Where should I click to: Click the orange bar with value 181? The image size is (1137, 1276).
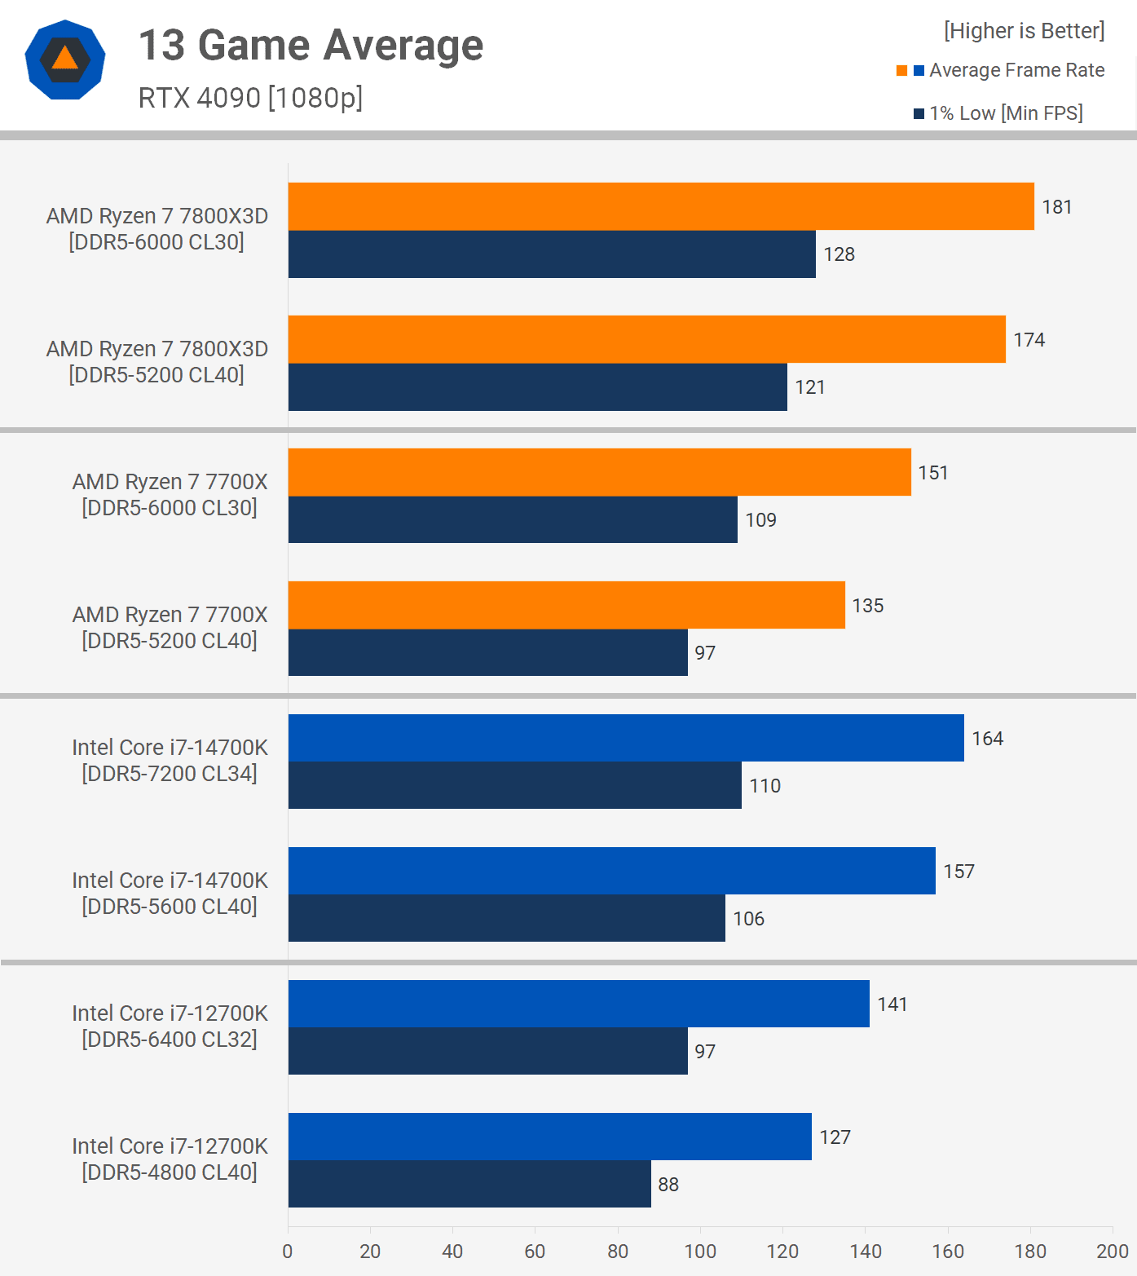pyautogui.click(x=661, y=206)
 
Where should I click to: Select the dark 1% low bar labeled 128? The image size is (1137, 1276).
pyautogui.click(x=552, y=254)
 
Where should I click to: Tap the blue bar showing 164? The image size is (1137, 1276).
pyautogui.click(x=626, y=738)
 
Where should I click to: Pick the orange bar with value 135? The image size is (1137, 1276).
pyautogui.click(x=566, y=605)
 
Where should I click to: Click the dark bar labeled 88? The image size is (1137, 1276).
pyautogui.click(x=469, y=1184)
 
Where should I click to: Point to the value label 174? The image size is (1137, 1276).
pyautogui.click(x=1029, y=340)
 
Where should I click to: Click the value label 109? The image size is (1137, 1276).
pyautogui.click(x=760, y=520)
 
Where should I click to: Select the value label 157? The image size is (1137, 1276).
pyautogui.click(x=959, y=872)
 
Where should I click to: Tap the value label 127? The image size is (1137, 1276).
pyautogui.click(x=835, y=1137)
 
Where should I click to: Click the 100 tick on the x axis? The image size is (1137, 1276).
pyautogui.click(x=700, y=1252)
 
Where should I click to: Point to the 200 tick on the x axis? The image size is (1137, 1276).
pyautogui.click(x=1112, y=1252)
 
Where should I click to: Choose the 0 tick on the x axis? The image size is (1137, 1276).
pyautogui.click(x=288, y=1252)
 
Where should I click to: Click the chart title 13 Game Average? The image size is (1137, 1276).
pyautogui.click(x=311, y=45)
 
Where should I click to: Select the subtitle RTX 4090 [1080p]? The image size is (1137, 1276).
pyautogui.click(x=250, y=98)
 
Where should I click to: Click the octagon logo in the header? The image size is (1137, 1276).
pyautogui.click(x=65, y=60)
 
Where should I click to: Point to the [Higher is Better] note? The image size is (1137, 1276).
pyautogui.click(x=1024, y=31)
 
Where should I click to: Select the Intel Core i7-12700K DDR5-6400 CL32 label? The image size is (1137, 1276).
pyautogui.click(x=170, y=1027)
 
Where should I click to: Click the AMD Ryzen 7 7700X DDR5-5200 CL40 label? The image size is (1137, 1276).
pyautogui.click(x=170, y=628)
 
